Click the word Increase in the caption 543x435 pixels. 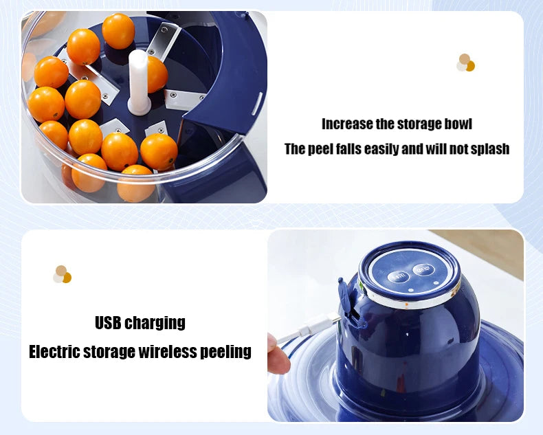(346, 124)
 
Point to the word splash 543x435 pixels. (487, 149)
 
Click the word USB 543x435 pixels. (109, 322)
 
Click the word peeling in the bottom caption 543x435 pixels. (225, 353)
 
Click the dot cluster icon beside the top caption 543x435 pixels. (465, 63)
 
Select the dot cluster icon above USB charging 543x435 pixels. (62, 274)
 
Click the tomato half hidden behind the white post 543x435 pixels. (157, 74)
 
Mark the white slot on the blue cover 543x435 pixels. (256, 103)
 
